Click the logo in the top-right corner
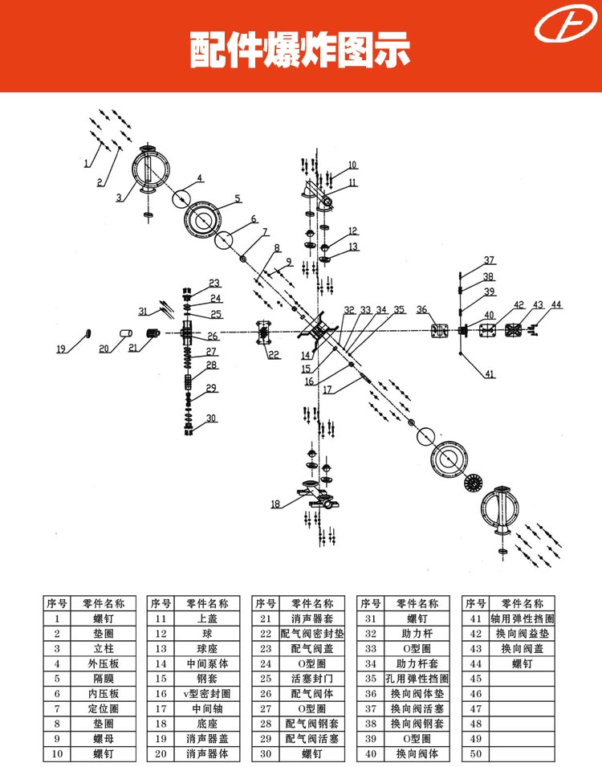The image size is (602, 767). click(x=566, y=23)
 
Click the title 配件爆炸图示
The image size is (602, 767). click(x=299, y=50)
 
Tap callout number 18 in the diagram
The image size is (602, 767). click(x=275, y=504)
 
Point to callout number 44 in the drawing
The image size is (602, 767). click(x=556, y=304)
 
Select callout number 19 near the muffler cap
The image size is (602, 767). click(x=61, y=349)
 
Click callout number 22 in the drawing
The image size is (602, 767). click(x=274, y=355)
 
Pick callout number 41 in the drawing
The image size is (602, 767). click(x=490, y=374)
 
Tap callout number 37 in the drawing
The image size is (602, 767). click(x=489, y=260)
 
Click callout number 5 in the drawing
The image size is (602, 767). click(x=238, y=198)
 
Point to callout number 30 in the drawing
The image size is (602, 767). click(x=211, y=418)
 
